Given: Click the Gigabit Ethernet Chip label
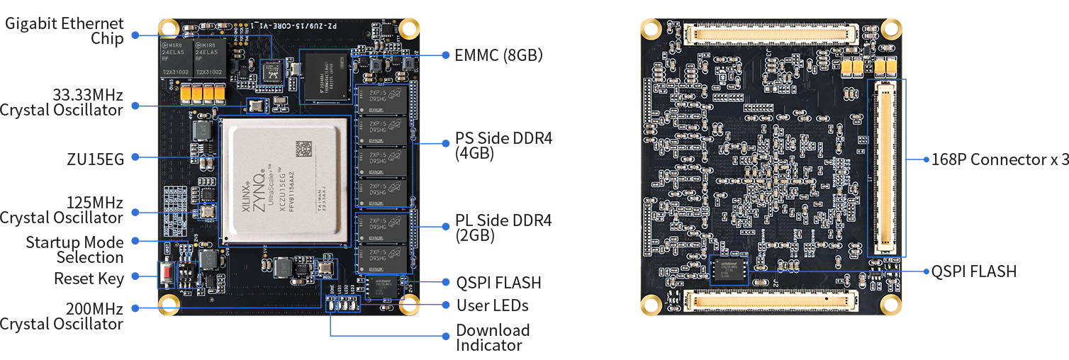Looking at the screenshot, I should click(x=65, y=31).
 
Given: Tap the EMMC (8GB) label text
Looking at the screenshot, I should click(x=498, y=55).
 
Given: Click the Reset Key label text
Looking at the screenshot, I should click(x=89, y=279).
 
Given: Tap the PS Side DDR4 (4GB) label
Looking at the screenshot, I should click(x=503, y=146).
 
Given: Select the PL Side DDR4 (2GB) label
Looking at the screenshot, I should click(x=503, y=227).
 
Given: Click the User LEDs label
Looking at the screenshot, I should click(x=492, y=305).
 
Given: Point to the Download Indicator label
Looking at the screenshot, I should click(x=493, y=338).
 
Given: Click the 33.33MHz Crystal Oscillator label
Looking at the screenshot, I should click(x=62, y=102).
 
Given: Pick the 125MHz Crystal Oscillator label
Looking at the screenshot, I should click(x=62, y=210).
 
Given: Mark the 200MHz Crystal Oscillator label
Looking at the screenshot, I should click(x=62, y=317).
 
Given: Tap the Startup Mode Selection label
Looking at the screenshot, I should click(x=74, y=249).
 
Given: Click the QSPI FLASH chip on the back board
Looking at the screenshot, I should click(x=729, y=269).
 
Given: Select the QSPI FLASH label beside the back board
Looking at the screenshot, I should click(x=974, y=271).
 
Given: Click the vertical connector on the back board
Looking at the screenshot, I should click(x=887, y=167).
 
